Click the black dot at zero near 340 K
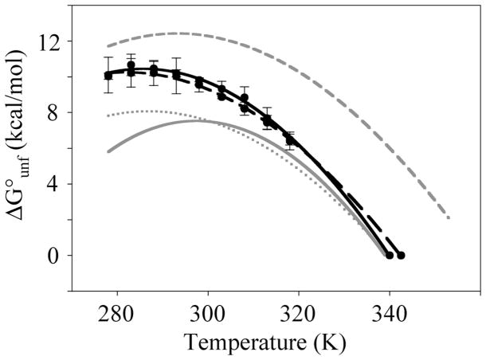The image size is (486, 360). [390, 256]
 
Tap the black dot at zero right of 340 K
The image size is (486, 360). [402, 256]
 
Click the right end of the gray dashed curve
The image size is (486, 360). [449, 217]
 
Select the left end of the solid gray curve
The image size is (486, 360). [108, 151]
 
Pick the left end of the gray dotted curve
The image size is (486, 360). [108, 116]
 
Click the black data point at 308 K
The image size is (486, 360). [245, 98]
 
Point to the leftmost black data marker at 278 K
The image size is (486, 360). [108, 76]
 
